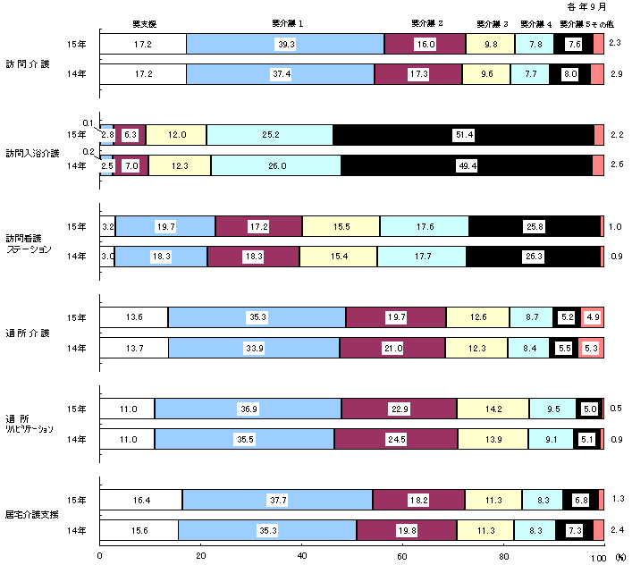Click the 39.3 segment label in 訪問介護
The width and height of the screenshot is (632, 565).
click(286, 43)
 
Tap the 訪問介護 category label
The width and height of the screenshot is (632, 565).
click(28, 63)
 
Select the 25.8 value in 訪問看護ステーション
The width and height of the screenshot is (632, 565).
click(534, 226)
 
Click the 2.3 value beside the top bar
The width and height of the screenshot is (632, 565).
click(615, 43)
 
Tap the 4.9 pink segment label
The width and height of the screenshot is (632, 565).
click(593, 317)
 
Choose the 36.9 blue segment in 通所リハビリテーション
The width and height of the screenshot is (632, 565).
click(249, 409)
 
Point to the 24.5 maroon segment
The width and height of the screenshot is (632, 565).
click(395, 439)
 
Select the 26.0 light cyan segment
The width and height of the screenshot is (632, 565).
click(275, 165)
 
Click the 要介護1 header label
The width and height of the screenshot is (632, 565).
click(286, 23)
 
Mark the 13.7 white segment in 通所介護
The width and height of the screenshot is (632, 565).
click(134, 348)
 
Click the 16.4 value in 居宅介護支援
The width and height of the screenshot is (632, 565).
click(141, 500)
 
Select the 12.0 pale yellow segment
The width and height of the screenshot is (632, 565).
click(175, 134)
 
